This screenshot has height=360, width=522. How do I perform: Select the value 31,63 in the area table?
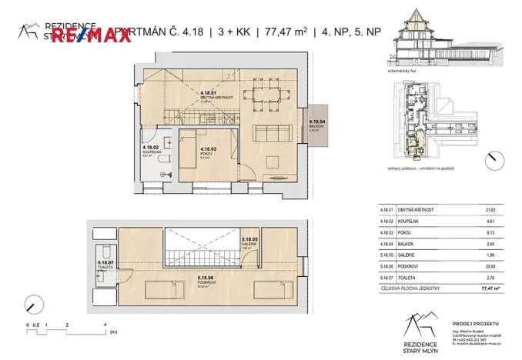click(x=490, y=210)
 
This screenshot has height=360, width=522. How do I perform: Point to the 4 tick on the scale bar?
click(x=105, y=325)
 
